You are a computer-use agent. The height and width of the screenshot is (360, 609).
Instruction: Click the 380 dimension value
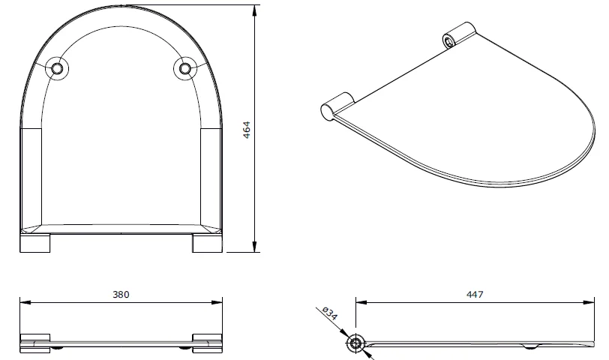coord(121,295)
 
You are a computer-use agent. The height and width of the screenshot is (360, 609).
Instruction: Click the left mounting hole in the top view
coord(57,68)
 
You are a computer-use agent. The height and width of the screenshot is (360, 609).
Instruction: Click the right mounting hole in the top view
coord(184,68)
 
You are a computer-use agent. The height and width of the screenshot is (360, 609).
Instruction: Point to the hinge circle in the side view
coord(355,343)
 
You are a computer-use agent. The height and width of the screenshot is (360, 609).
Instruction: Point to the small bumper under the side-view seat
coord(531,347)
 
